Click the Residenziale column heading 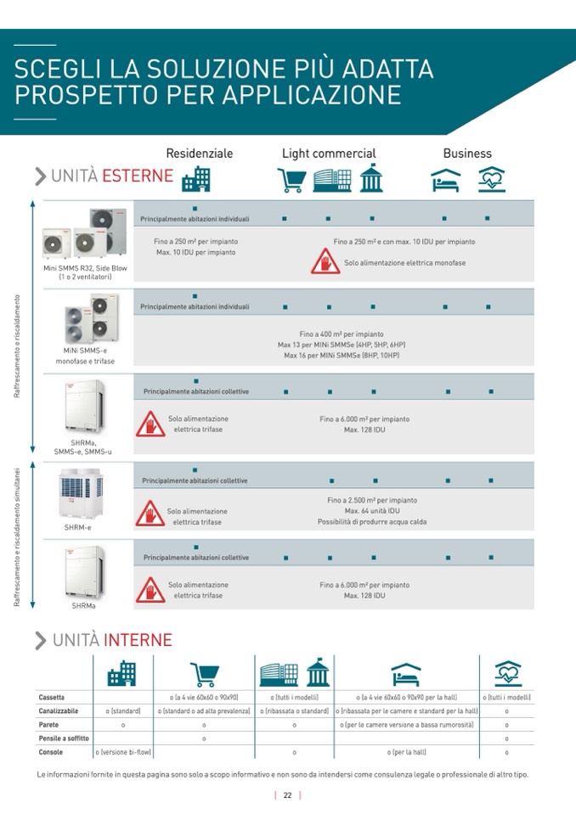point(199,154)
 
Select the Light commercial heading point(329,154)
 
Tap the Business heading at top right point(467,154)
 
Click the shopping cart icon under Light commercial point(291,179)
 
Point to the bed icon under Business point(445,180)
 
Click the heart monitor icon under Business point(492,179)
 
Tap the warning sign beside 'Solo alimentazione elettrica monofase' point(325,261)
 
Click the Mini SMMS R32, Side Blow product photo point(85,233)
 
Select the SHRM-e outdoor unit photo point(82,493)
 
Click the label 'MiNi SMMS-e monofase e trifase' point(85,355)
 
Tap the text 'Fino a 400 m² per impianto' point(342,334)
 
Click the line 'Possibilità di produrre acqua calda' point(372,522)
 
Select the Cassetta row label point(52,697)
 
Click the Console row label point(51,752)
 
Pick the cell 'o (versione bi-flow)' point(123,752)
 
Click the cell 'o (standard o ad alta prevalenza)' point(204,710)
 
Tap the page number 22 point(288,795)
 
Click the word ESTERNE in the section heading point(138,176)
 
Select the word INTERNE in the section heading point(138,640)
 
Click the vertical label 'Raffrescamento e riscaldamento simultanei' point(17,535)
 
